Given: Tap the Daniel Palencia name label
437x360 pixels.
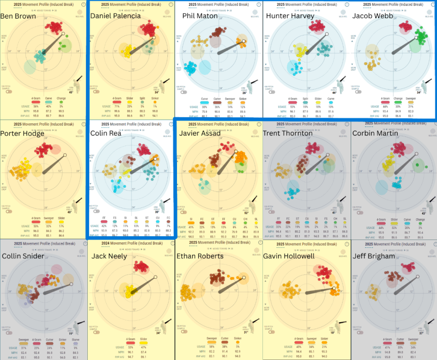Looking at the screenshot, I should (116, 16).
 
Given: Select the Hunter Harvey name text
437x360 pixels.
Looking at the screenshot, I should (290, 16).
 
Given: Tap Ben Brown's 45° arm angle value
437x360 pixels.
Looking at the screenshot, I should (71, 93).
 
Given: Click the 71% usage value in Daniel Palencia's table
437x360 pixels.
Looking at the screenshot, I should (117, 106).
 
